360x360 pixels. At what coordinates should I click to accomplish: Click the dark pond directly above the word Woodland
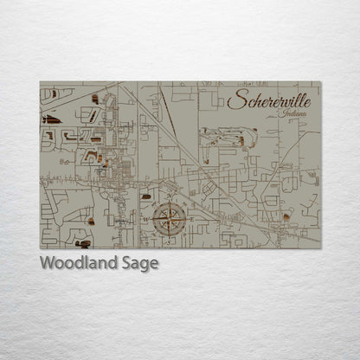pos(83,244)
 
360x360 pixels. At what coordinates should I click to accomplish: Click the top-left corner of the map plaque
pos(40,81)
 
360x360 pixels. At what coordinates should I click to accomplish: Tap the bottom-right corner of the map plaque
pos(321,248)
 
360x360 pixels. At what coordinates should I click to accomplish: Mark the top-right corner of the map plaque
pos(321,81)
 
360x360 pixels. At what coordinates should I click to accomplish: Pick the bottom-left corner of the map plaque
pos(40,248)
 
